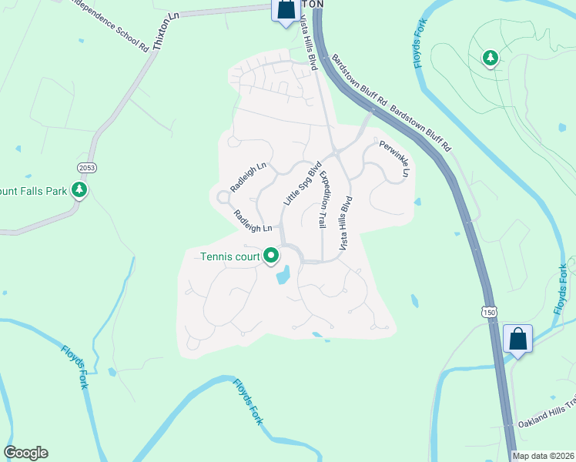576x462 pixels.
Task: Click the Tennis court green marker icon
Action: coord(271,255)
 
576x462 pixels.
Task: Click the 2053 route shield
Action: coord(87,167)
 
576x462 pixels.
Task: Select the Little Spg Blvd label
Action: coord(301,183)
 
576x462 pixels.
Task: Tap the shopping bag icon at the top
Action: coord(286,11)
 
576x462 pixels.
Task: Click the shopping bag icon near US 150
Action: coord(518,339)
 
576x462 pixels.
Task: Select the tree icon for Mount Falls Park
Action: coord(78,189)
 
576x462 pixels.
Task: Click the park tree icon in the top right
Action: coord(490,58)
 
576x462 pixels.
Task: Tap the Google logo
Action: coord(25,453)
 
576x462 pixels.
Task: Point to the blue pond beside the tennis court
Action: coord(283,274)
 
